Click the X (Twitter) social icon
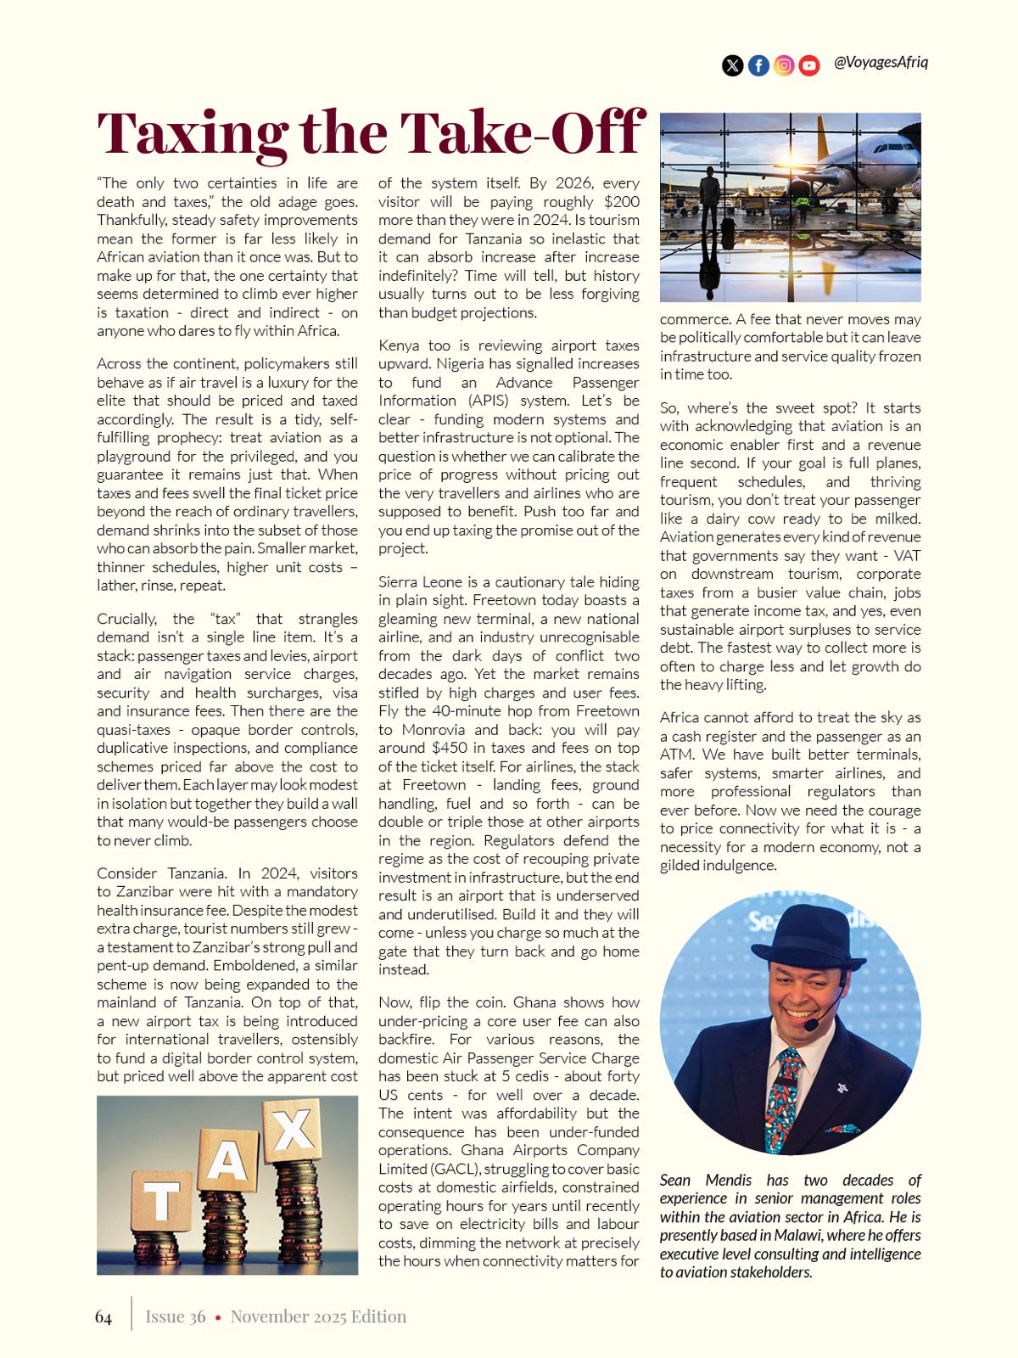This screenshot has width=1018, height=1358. coord(732,65)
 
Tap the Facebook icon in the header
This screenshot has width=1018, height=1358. coord(758,65)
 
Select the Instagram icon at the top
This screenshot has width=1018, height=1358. coord(784,65)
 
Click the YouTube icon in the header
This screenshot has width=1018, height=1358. coord(809,65)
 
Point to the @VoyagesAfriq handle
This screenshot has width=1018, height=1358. coord(881,62)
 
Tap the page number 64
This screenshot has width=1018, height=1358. coord(103,1316)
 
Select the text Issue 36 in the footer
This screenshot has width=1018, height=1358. coord(176,1316)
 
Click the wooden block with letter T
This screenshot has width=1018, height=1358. coord(161,1201)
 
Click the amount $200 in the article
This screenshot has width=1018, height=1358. coord(622,202)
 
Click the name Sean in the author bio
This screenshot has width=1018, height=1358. coord(675,1181)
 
